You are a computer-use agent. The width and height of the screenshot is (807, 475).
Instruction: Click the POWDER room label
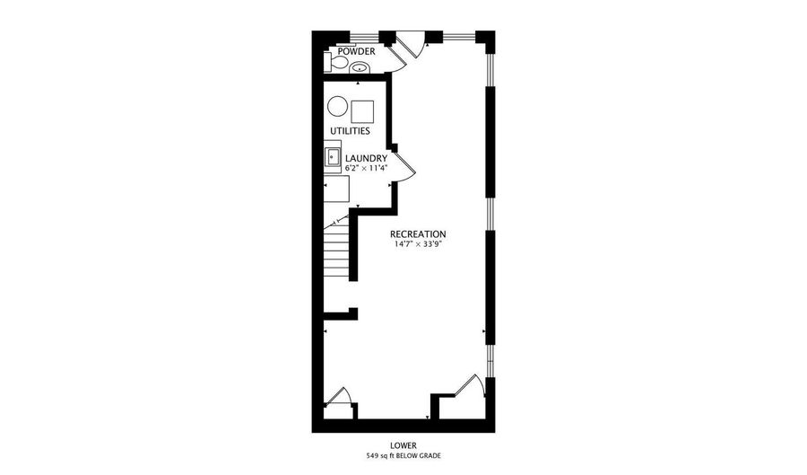(x=356, y=51)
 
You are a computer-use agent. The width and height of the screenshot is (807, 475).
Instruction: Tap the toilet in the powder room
(x=334, y=65)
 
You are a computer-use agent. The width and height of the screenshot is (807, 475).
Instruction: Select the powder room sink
(x=359, y=66)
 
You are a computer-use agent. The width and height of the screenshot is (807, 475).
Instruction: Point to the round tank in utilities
(x=337, y=107)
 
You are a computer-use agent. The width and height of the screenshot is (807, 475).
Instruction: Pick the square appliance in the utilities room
(x=362, y=110)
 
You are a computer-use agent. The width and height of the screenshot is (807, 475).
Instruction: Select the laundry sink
(x=332, y=158)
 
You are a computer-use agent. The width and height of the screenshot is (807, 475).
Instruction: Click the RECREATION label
(x=418, y=233)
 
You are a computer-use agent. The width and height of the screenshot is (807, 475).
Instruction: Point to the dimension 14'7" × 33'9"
(x=418, y=243)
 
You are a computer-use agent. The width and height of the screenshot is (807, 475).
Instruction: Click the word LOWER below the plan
(x=403, y=444)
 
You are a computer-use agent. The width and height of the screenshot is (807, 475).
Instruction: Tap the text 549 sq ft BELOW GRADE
(x=403, y=456)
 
